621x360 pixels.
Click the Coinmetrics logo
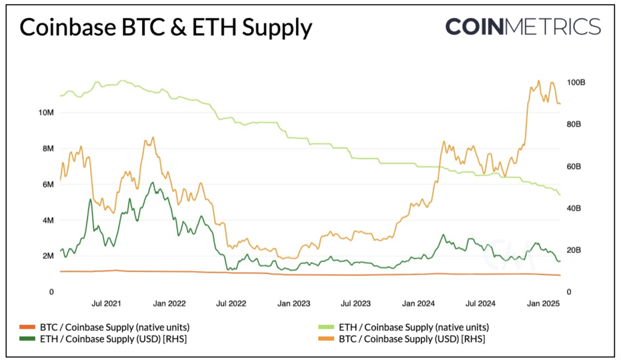point(523,27)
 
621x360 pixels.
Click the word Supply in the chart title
point(277,28)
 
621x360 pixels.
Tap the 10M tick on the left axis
point(46,112)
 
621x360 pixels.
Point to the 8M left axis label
point(48,148)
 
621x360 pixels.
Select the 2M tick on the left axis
point(48,256)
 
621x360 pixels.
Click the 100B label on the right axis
point(576,83)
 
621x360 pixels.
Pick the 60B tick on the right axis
point(573,166)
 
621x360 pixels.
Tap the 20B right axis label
point(573,250)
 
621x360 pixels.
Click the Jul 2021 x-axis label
point(106,303)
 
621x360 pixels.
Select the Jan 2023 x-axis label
point(294,303)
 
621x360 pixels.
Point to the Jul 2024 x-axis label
point(480,303)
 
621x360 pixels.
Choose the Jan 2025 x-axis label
point(543,303)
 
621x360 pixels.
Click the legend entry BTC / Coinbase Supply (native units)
point(114,327)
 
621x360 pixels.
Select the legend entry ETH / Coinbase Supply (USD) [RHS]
point(113,339)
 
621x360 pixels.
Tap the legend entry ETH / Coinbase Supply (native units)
point(414,327)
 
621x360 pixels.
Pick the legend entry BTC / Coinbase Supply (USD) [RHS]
point(412,339)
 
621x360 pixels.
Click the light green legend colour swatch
point(326,327)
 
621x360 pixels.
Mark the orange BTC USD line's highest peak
point(539,81)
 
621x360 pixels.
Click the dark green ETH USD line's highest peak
point(152,182)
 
